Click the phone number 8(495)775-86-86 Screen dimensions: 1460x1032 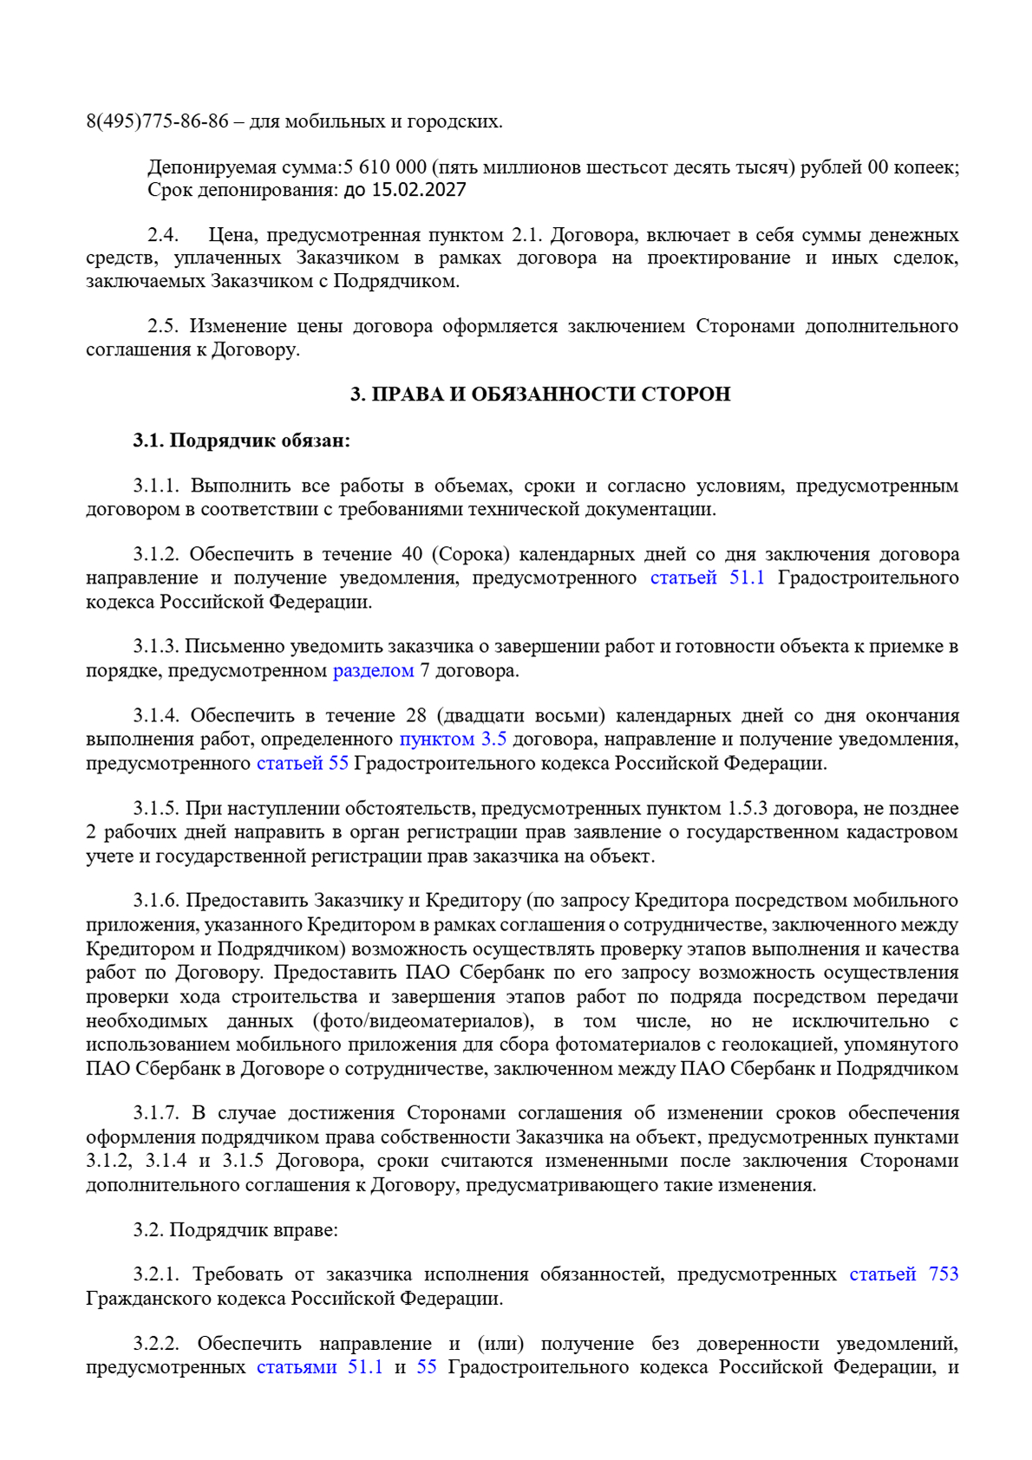tap(157, 121)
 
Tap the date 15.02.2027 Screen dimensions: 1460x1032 tap(419, 190)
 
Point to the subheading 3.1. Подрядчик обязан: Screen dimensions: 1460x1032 tap(241, 440)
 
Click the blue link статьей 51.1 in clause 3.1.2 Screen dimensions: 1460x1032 tap(707, 578)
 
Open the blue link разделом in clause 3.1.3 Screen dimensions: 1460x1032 tap(373, 671)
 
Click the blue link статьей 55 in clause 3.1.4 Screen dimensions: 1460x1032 tap(302, 764)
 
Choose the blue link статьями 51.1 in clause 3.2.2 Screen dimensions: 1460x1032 tap(319, 1368)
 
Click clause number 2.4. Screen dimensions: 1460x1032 tap(162, 235)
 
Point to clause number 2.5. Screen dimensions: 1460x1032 tap(162, 327)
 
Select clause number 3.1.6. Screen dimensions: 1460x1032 tap(156, 902)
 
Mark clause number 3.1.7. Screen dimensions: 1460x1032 tap(156, 1113)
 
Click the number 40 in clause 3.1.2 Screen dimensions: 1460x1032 tap(411, 555)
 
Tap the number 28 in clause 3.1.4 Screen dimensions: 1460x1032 tap(416, 716)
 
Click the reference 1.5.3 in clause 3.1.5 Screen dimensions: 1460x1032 tap(747, 809)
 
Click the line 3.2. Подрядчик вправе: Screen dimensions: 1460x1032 tap(235, 1230)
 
